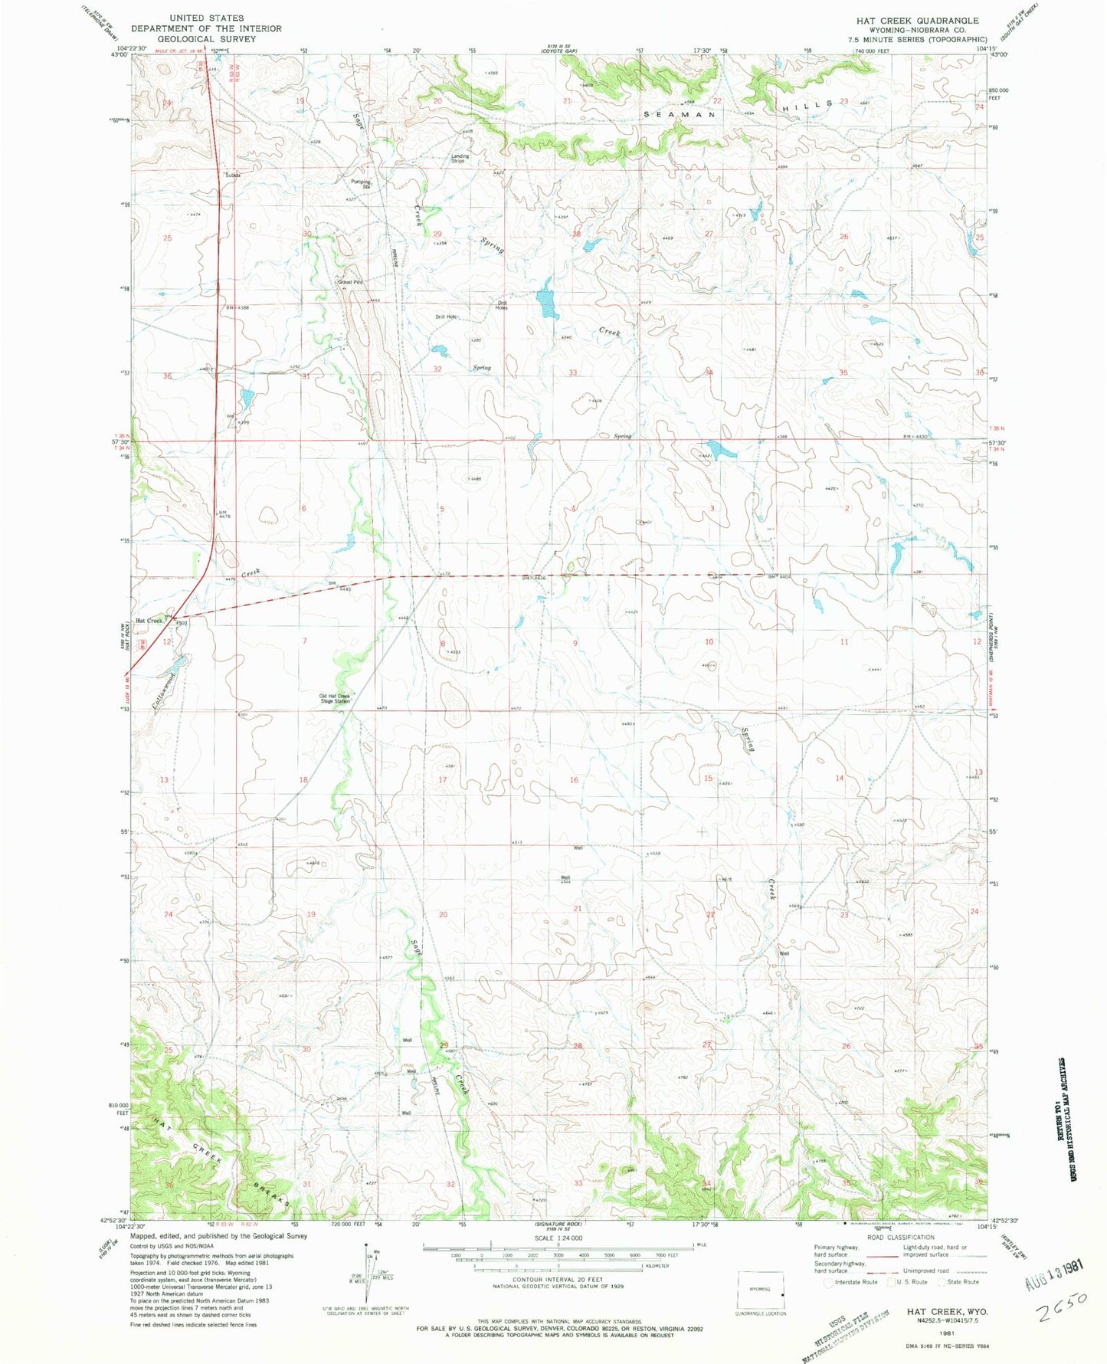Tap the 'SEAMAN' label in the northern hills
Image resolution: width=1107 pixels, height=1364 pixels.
click(680, 114)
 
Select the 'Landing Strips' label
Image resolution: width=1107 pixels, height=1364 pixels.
click(460, 159)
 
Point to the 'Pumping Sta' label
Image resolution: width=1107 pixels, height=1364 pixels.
click(361, 184)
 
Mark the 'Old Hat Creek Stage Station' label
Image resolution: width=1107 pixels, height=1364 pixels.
click(335, 698)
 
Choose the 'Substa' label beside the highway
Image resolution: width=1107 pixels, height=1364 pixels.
click(233, 175)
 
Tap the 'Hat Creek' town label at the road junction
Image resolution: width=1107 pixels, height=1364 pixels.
click(149, 620)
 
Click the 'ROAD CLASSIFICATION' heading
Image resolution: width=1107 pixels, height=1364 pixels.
click(901, 1237)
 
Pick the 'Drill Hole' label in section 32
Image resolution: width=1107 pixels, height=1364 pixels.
click(446, 316)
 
